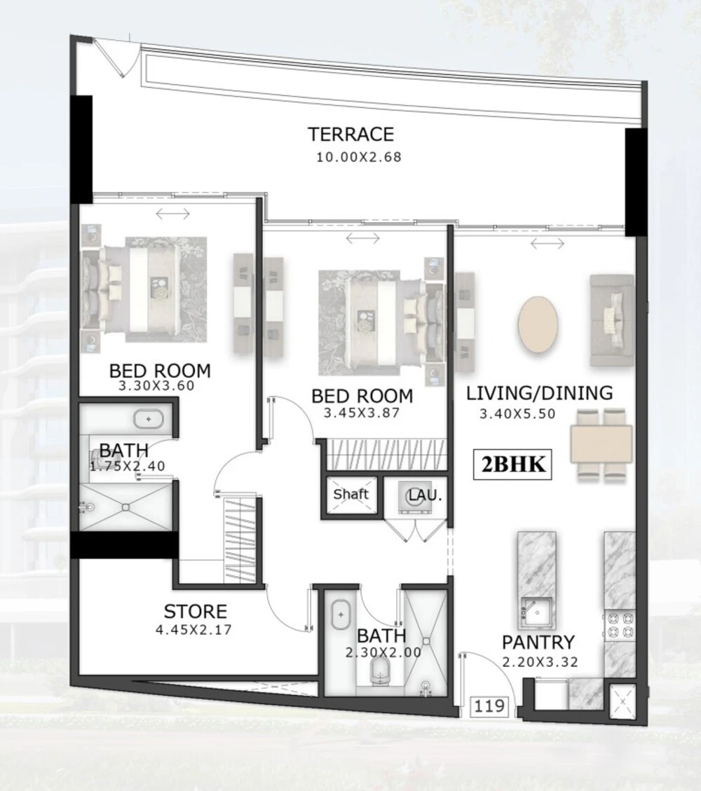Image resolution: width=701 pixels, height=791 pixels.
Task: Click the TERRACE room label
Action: point(350,135)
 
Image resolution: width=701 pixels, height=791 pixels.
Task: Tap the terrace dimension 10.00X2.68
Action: point(359,157)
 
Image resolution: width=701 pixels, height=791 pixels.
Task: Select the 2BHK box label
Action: point(512,464)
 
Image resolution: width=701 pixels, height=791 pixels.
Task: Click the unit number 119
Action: point(489,706)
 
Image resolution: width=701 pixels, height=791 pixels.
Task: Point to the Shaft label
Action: point(350,494)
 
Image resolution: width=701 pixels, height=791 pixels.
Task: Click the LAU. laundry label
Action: point(425,495)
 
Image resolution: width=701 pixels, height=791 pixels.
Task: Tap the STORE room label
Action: point(196,612)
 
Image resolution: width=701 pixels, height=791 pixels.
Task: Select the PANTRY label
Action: point(538,642)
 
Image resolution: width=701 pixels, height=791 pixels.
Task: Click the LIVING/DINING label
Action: point(539,393)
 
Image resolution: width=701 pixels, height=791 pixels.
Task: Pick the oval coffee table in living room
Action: point(538,325)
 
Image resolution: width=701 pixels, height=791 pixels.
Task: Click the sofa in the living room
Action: point(612,320)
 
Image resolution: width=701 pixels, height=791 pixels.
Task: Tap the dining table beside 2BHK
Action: point(601,444)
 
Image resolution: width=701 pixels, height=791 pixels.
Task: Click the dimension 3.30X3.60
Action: point(156,386)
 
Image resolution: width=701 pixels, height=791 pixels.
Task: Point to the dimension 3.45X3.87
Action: point(362,413)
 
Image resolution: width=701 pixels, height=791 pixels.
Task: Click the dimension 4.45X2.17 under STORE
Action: point(193,630)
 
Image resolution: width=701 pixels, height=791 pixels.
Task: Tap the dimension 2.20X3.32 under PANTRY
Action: point(540,662)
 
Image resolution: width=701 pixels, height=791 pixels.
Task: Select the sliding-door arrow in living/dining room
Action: point(547,244)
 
